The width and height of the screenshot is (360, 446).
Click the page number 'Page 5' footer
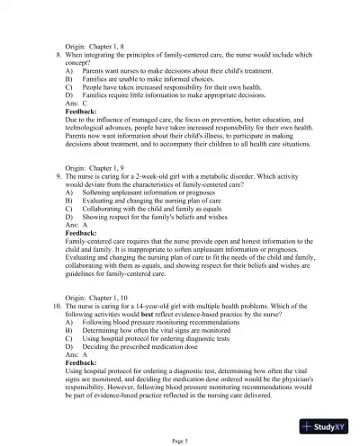coord(180,438)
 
